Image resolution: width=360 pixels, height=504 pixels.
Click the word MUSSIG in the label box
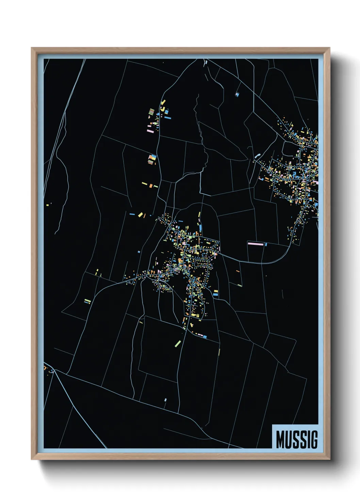coord(296,439)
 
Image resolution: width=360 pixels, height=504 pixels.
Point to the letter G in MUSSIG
coord(314,439)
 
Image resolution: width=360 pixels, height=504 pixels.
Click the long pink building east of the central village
coord(256,243)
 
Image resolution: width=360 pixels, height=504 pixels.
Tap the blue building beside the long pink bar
coord(265,244)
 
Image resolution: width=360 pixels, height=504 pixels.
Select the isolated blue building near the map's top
coord(238,94)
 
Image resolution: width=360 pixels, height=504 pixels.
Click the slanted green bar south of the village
coord(177,343)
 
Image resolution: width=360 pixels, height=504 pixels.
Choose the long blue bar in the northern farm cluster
coord(168,117)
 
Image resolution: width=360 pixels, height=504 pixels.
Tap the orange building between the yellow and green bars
coord(151,186)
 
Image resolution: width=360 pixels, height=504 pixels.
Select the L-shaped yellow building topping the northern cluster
coord(163,102)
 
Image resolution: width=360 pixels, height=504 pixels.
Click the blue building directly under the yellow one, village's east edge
coord(215,295)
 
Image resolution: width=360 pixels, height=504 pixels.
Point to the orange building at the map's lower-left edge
coord(45,368)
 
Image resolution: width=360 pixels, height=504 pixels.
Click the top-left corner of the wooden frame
coord(32,48)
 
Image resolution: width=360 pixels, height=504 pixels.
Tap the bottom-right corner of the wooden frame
coord(329,459)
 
